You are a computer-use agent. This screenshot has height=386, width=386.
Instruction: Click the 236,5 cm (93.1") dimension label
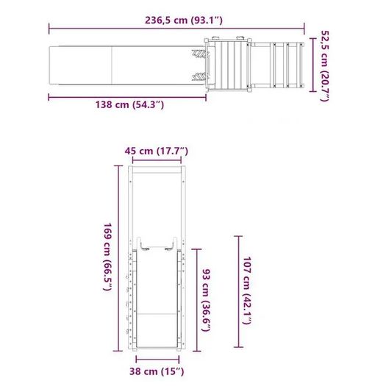coord(183,20)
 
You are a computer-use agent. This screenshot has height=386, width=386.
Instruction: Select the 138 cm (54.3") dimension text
coord(129,105)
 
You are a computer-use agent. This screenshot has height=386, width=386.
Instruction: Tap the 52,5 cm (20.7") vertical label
coord(324,65)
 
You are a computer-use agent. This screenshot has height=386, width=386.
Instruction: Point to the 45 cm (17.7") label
coord(157,151)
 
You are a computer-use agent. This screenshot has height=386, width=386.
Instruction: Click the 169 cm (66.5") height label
coord(107,257)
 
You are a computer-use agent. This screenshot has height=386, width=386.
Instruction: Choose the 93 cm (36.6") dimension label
coord(207,300)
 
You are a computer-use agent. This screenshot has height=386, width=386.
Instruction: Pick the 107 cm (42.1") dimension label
coord(247,290)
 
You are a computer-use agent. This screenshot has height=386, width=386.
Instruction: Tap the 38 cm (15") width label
coord(157,371)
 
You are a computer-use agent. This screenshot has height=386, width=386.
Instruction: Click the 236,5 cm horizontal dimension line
coord(176,29)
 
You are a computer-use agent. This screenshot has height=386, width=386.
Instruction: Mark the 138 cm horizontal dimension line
coord(127,97)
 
